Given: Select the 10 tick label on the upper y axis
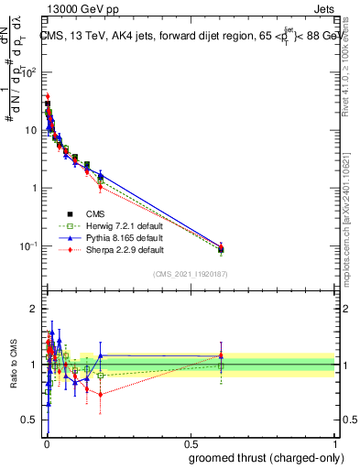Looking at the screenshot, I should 31,130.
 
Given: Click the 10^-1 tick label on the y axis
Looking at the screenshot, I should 29,246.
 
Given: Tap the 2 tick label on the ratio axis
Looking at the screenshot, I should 35,309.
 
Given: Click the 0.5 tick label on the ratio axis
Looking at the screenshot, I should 31,421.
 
